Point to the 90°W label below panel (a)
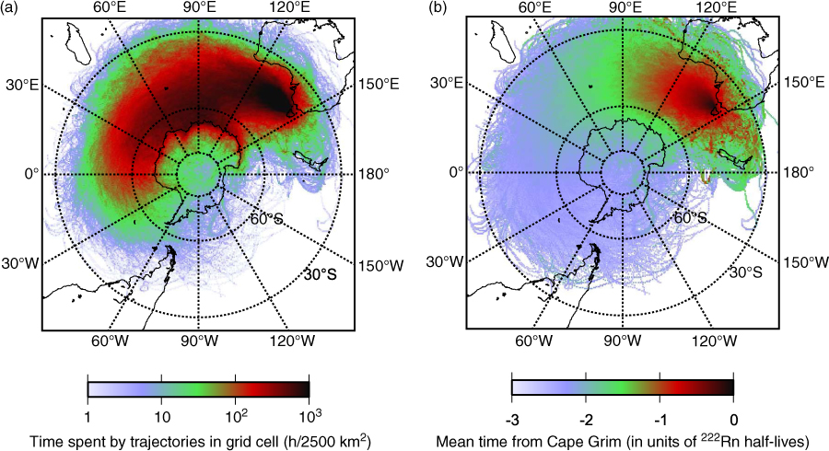(199, 341)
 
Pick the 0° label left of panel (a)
(31, 173)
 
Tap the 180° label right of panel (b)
(800, 172)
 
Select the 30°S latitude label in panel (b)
(746, 272)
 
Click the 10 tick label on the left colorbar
(162, 417)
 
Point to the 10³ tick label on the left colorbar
(309, 416)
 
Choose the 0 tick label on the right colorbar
(733, 421)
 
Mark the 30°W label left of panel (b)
(445, 262)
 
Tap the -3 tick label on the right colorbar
(511, 421)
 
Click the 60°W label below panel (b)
(534, 341)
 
